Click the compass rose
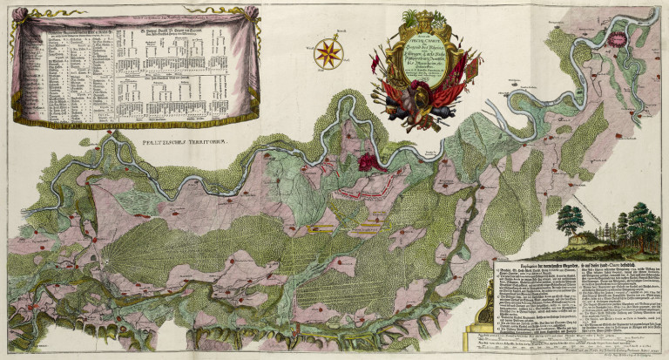pos(328,54)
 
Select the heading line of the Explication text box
pos(575,262)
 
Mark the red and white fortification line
pos(362,188)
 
